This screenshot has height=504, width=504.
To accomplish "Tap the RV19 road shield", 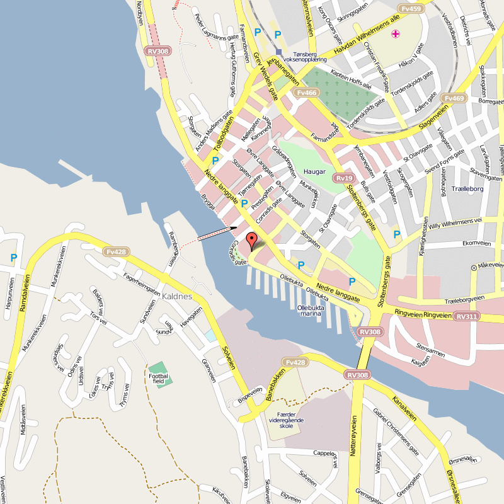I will (x=343, y=178).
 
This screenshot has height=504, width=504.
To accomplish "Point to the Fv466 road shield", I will (x=306, y=93).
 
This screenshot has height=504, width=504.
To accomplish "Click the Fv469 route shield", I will (x=454, y=98).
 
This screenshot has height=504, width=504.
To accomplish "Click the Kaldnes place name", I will (x=176, y=295).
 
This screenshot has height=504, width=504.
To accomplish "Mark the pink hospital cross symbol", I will (x=395, y=34).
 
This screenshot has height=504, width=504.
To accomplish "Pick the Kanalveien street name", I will (x=404, y=409).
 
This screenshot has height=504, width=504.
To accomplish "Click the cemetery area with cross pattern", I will (x=340, y=94).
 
